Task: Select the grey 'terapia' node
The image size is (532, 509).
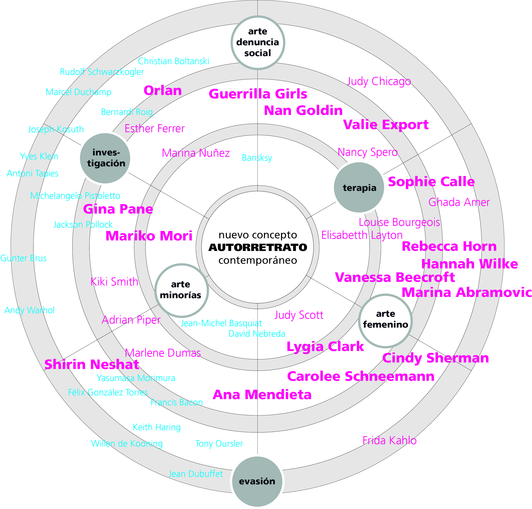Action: click(359, 187)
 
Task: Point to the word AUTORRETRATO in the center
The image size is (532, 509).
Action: click(258, 248)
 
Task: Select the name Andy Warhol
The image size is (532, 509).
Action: click(29, 310)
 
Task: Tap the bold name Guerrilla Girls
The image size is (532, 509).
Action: click(258, 94)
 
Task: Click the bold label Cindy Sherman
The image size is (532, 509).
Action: click(435, 358)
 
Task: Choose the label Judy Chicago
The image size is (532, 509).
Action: click(379, 81)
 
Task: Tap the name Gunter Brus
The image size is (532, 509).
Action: click(24, 258)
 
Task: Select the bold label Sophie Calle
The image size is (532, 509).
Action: click(431, 182)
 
